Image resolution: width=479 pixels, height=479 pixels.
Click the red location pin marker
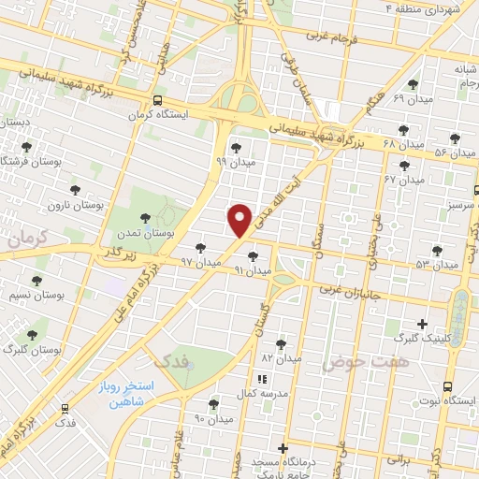240,220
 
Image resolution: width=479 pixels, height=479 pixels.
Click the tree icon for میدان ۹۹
235,147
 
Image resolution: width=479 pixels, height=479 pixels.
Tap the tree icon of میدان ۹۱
252,255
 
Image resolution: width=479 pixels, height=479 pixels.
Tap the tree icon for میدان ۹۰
213,404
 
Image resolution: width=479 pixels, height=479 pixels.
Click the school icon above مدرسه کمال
263,379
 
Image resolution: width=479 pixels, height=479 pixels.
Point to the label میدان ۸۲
281,358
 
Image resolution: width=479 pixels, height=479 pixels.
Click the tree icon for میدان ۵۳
436,250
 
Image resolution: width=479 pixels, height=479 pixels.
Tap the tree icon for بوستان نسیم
37,281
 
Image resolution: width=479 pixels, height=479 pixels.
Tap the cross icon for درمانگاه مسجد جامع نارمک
283,449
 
